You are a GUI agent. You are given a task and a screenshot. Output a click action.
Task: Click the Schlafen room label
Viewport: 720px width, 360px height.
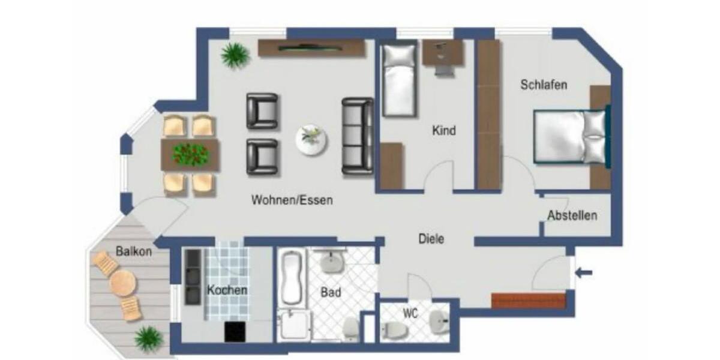pos(544,85)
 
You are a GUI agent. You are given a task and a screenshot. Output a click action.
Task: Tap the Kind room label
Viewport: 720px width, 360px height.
pos(444,130)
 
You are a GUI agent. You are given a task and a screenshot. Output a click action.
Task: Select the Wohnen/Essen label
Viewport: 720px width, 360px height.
pos(292,200)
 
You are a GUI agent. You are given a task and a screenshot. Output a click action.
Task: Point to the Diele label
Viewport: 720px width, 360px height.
pos(431,239)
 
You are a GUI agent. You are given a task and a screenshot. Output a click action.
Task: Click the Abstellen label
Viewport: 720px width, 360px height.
pos(572,215)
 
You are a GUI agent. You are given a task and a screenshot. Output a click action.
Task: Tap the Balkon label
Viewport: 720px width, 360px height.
pos(134,251)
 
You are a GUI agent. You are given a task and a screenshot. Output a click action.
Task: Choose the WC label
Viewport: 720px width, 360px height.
pos(410,313)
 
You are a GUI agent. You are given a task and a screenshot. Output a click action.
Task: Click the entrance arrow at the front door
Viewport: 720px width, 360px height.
pos(584,273)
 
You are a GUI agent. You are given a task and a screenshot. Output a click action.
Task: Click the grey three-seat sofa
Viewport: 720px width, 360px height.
pos(358,136)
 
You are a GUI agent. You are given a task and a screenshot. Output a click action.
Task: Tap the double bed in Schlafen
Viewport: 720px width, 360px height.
pos(570,137)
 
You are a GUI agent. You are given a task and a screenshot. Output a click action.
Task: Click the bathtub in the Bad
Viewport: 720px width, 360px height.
pos(292,277)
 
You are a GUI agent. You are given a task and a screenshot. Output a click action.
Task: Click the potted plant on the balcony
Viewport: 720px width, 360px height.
pos(148,338)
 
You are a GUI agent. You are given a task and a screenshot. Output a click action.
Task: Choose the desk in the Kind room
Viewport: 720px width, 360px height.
pos(443,53)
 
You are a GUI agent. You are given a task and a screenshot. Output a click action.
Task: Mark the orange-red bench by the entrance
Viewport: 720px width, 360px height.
pos(528,301)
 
